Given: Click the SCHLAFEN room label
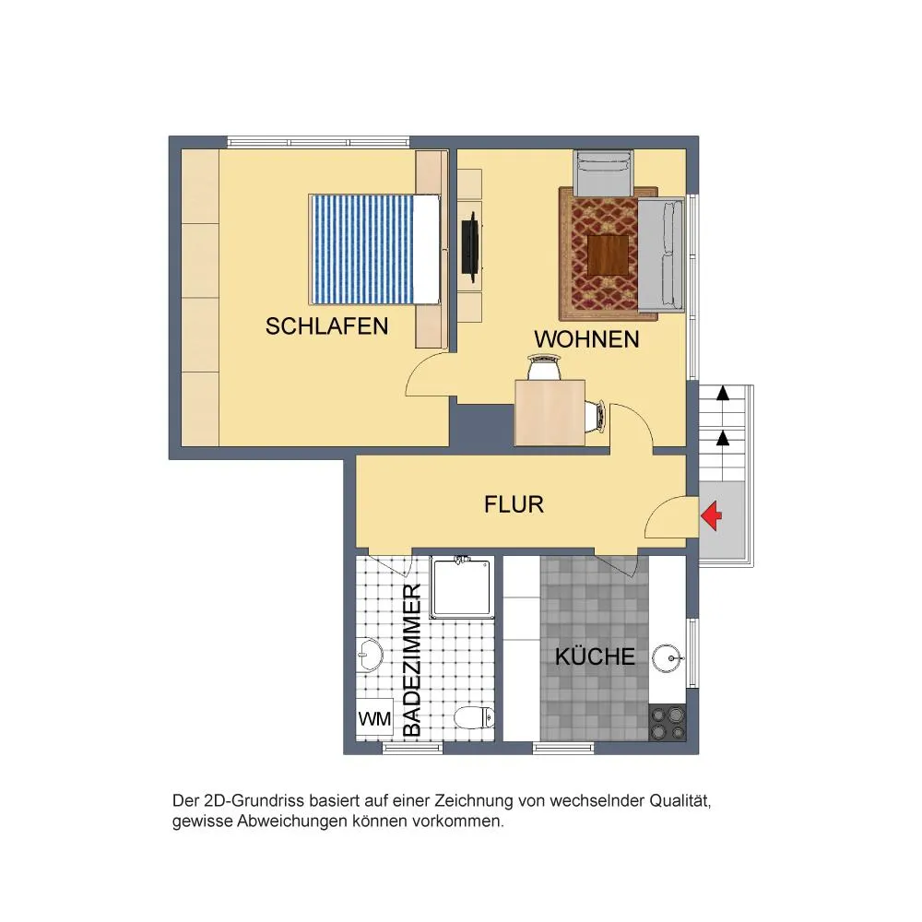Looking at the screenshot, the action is point(326,326).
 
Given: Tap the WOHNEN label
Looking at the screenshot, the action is point(586,340).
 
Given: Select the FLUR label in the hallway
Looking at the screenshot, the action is point(514,504).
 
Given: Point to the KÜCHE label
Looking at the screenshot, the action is point(595,656).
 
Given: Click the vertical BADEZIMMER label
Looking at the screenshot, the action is point(413,660).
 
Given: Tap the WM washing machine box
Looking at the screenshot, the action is point(375,718).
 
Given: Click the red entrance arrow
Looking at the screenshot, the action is point(712,515).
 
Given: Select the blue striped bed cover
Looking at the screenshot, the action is point(361,250).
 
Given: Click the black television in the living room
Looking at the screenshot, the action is point(470,246).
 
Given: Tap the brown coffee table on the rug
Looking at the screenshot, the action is point(609,254).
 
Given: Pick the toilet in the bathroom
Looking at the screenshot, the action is point(474,717).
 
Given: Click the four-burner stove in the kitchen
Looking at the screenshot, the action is point(668,723).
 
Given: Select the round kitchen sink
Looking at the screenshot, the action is point(668,658).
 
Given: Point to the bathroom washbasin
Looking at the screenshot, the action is point(370,654).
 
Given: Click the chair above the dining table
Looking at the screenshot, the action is point(544,366).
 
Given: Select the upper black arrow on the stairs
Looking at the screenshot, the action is point(723,393).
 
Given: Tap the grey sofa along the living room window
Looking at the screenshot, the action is point(661,255).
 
